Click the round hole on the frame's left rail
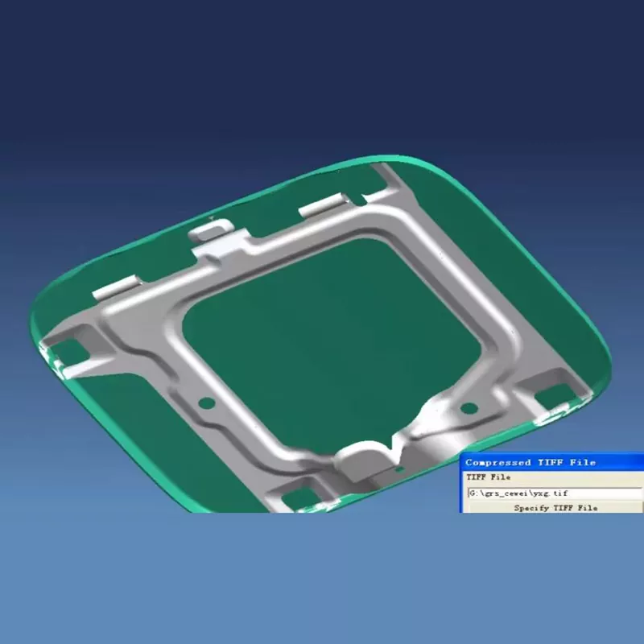205,400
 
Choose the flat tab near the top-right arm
323,208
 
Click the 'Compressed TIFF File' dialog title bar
552,462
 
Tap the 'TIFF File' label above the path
489,477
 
